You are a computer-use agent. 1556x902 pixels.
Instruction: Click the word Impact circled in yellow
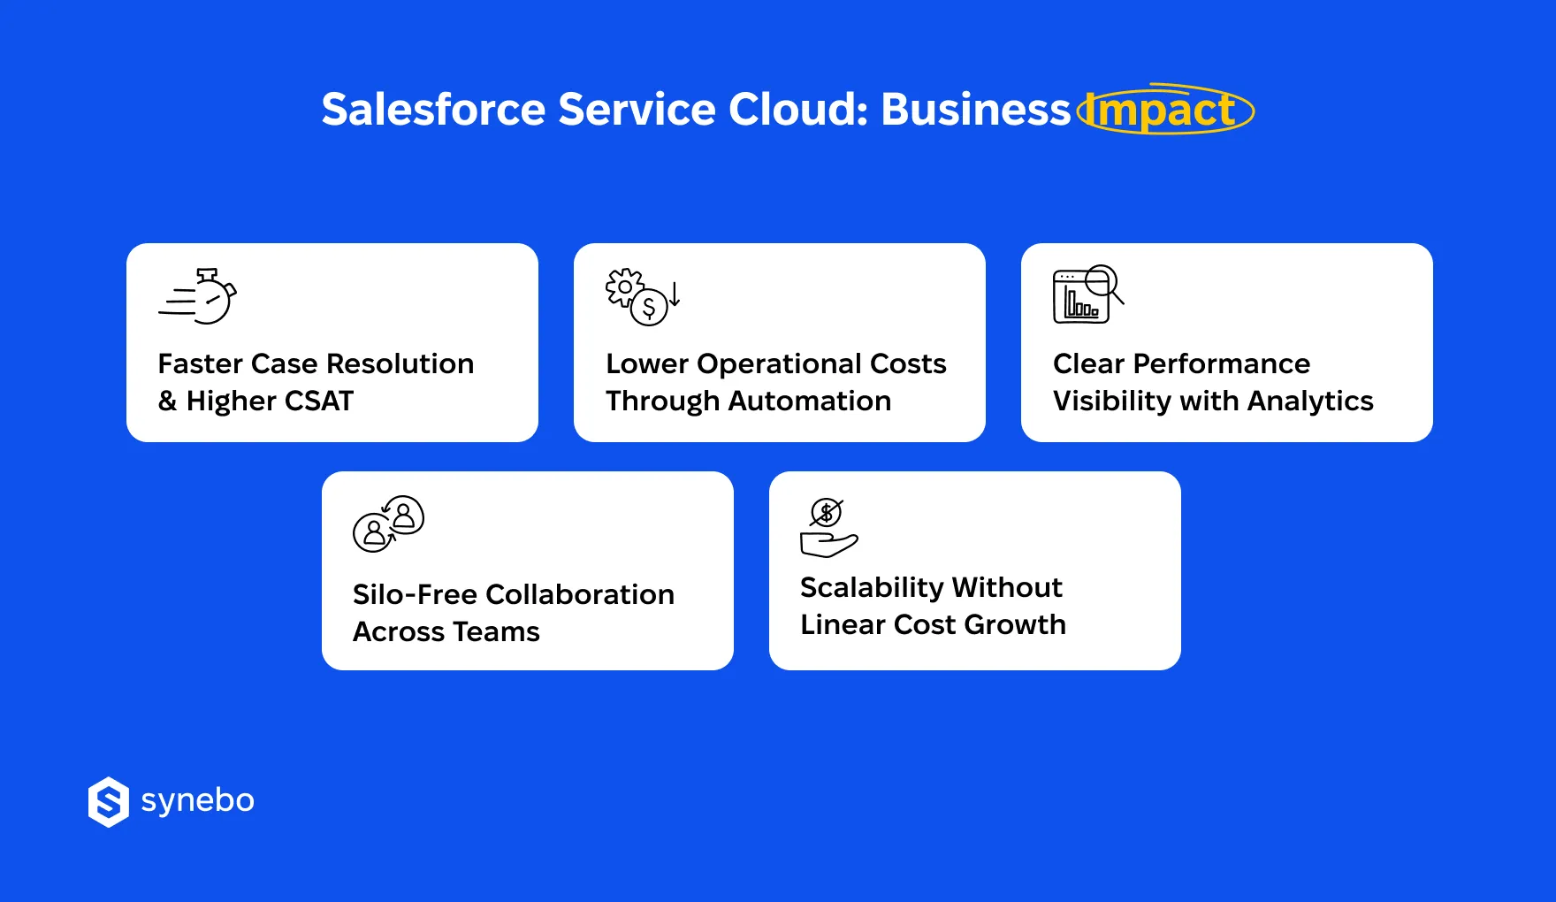pyautogui.click(x=1163, y=111)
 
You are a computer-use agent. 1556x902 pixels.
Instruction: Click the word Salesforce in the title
pyautogui.click(x=433, y=110)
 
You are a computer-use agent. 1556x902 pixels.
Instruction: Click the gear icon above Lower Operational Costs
pyautogui.click(x=624, y=287)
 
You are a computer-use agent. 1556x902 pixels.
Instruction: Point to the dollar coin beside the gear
pyautogui.click(x=649, y=308)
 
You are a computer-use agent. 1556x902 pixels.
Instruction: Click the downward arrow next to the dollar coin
pyautogui.click(x=675, y=294)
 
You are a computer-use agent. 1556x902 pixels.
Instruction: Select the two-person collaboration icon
pyautogui.click(x=388, y=524)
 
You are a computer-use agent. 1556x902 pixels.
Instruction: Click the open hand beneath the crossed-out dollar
pyautogui.click(x=828, y=544)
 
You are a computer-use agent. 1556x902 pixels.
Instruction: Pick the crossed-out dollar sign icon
pyautogui.click(x=827, y=512)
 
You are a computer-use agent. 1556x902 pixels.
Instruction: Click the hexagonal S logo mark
pyautogui.click(x=109, y=802)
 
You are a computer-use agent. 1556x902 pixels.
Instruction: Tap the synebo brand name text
pyautogui.click(x=198, y=801)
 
